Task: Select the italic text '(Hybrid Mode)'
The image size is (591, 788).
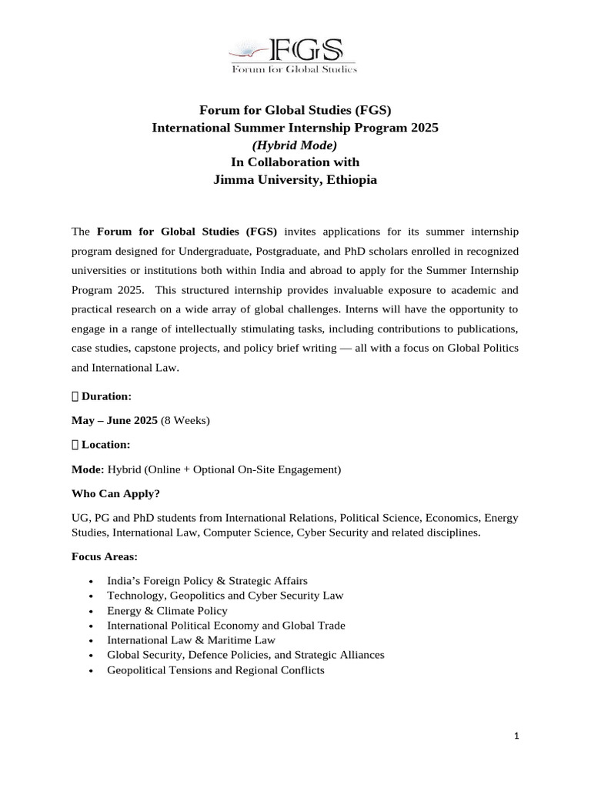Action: coord(295,145)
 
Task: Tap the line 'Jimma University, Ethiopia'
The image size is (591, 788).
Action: coord(295,180)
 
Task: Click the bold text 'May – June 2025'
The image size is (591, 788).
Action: coord(115,420)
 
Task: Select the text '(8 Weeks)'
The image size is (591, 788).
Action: coord(185,420)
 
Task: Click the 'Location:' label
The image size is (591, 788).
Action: coord(105,445)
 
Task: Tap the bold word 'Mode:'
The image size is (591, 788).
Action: coord(88,469)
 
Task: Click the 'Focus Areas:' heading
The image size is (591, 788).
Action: coord(105,556)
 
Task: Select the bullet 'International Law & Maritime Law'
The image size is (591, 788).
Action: coord(192,639)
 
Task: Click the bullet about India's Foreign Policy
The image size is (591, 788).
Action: coord(208,581)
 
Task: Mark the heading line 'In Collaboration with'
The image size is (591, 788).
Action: coord(295,162)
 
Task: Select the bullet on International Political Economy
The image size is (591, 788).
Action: coord(226,625)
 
